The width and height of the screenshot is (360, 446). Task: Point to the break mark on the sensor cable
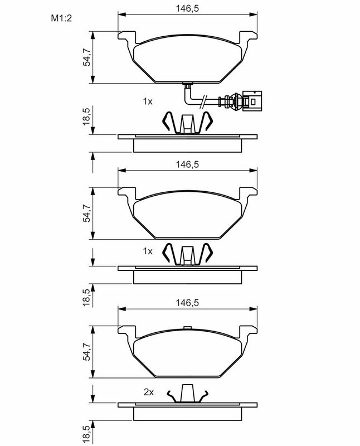(x=205, y=101)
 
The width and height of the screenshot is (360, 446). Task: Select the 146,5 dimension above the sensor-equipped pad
(x=188, y=9)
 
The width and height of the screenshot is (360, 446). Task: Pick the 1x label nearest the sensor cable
(x=147, y=101)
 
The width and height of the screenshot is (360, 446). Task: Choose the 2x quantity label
(x=148, y=392)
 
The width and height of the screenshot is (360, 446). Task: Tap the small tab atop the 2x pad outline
(x=188, y=328)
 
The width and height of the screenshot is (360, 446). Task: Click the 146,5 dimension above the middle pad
(x=188, y=164)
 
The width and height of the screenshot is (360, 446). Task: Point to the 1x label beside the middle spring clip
(x=147, y=251)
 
